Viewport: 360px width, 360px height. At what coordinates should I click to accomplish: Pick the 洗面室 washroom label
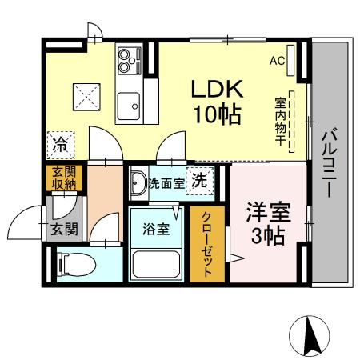(x=166, y=183)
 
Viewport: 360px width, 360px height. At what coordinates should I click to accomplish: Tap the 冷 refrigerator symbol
(x=61, y=145)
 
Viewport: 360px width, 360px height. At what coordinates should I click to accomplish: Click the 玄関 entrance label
(x=63, y=230)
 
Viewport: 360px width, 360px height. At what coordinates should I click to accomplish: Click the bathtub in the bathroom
(x=156, y=263)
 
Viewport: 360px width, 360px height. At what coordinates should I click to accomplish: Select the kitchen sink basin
(x=127, y=105)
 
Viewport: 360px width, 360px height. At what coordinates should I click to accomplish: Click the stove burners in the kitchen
(x=128, y=57)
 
